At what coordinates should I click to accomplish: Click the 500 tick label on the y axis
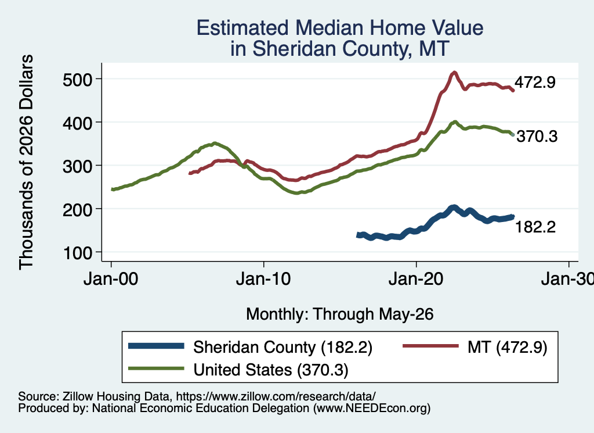77,80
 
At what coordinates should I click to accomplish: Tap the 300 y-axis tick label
77,166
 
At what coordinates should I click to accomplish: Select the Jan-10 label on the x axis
263,280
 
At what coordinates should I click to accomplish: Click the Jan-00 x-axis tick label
111,280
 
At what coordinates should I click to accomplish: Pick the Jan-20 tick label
416,280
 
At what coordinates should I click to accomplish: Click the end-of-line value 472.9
535,82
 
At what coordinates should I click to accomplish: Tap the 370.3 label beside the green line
537,136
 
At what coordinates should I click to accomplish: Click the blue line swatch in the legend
156,346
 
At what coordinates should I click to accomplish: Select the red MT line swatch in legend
431,346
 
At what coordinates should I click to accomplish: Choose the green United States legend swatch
156,368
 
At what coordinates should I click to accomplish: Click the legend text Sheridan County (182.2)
283,347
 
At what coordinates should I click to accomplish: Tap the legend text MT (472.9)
508,347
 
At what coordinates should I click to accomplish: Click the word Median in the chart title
329,28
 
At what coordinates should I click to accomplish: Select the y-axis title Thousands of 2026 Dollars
26,162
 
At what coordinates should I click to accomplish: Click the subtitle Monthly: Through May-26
340,314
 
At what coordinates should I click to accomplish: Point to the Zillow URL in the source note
276,396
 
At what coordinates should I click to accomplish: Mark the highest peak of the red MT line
454,73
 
